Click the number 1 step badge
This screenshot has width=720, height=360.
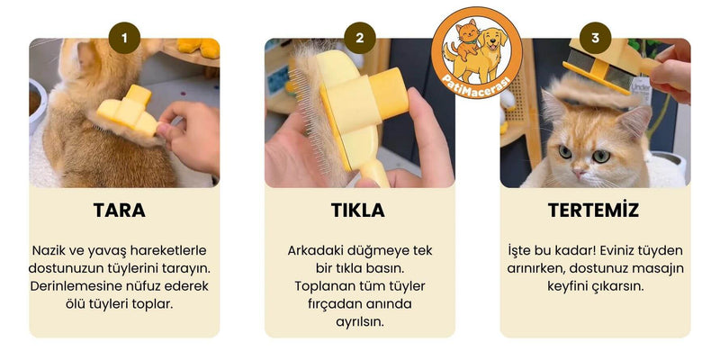(x=124, y=38)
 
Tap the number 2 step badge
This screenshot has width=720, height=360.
(x=359, y=38)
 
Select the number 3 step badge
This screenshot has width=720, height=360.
(x=595, y=38)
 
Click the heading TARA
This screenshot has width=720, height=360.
(x=120, y=211)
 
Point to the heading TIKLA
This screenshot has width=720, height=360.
(x=358, y=211)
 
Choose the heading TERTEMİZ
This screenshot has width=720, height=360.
(x=594, y=210)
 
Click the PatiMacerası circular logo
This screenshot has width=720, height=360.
(x=477, y=53)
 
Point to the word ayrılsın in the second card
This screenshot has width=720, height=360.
(x=359, y=322)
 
